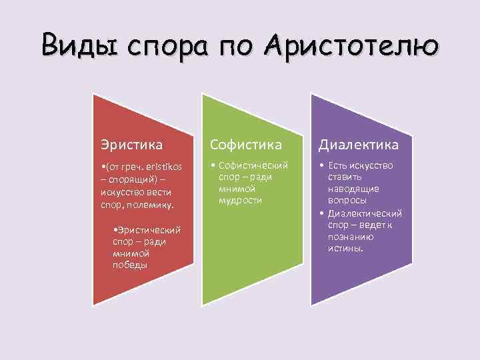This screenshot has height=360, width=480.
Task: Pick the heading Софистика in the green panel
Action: pos(246,144)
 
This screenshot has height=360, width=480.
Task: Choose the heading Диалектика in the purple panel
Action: pos(358,144)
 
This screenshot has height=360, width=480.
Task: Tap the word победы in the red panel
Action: pos(130,265)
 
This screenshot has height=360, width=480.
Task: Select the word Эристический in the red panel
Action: pos(149,230)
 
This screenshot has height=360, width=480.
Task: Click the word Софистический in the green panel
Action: pos(256,165)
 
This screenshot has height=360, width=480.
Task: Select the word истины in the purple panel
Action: pos(344,248)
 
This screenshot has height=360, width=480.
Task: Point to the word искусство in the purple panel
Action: pos(370,165)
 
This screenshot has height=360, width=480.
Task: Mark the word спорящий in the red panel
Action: pos(130,178)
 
